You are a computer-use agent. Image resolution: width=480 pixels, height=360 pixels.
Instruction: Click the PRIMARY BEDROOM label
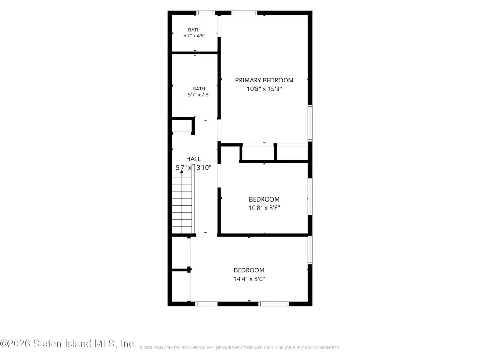point(264,80)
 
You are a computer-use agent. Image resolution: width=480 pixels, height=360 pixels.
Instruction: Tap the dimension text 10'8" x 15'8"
point(264,89)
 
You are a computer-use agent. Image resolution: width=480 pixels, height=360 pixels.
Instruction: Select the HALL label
point(194,159)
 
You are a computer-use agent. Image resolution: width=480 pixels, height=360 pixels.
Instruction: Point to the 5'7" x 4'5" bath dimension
point(194,36)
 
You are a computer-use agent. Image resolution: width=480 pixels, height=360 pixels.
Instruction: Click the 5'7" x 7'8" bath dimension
point(199,95)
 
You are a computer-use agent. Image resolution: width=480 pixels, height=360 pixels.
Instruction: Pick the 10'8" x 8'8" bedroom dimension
point(264,208)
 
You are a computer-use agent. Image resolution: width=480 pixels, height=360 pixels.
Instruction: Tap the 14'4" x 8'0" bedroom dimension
point(249,279)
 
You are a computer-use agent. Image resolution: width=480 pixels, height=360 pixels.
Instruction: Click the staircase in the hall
point(183,202)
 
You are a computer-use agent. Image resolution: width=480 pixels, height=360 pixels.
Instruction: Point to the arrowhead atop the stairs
point(182,172)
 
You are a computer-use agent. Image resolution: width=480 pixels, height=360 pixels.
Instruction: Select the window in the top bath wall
point(205,13)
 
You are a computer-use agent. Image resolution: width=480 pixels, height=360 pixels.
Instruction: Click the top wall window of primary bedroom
point(244,13)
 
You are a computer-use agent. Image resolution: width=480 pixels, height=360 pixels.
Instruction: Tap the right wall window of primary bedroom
point(310,122)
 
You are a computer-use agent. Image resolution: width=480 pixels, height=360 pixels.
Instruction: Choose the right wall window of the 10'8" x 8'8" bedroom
point(310,196)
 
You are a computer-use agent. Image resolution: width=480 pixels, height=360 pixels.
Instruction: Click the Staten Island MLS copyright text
point(68,344)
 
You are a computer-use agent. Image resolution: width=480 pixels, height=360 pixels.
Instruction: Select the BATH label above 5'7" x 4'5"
point(194,30)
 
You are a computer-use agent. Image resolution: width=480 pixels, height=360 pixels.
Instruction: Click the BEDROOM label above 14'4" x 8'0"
point(249,270)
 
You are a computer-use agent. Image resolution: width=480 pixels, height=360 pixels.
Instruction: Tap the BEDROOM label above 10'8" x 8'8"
point(264,199)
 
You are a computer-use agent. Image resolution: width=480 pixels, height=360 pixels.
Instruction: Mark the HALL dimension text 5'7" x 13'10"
point(194,168)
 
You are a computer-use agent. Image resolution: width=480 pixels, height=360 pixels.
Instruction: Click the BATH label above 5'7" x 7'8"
point(199,89)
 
